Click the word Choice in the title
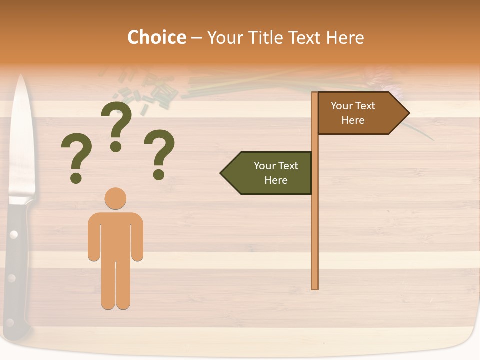pos(156,38)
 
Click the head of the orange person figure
pos(115,198)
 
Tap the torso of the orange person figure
pos(115,235)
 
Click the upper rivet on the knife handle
pos(13,234)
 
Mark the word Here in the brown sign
pos(353,120)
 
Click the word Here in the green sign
pos(276,180)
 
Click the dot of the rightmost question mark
pos(159,174)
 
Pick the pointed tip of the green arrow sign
pos(221,173)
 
